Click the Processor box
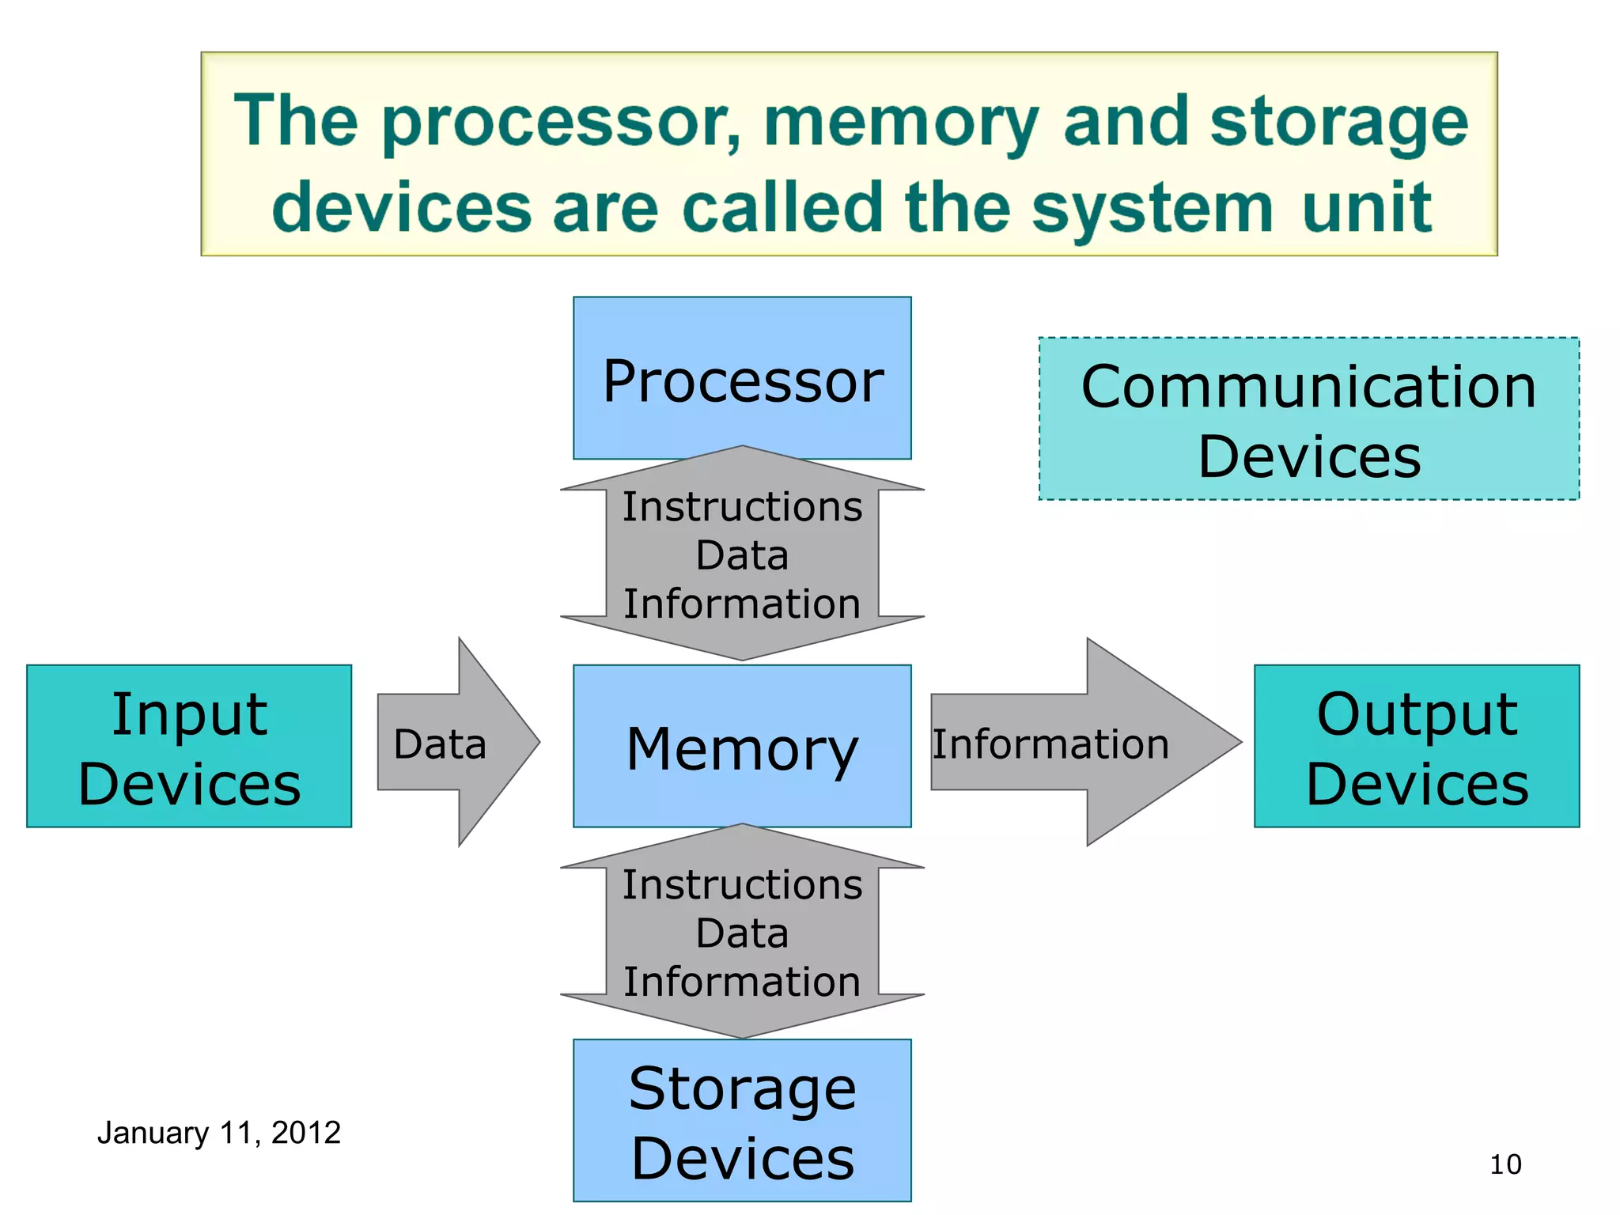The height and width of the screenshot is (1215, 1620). coord(742,377)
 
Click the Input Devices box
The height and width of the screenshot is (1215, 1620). coord(189,746)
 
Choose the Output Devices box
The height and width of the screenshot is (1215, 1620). coord(1416,746)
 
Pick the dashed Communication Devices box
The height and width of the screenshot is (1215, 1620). coord(1308,418)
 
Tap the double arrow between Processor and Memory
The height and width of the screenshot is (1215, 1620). coord(742,554)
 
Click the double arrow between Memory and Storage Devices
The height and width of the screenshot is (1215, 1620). coord(742,932)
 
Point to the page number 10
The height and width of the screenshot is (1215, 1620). coord(1505,1164)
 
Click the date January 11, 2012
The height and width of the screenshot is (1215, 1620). coord(219,1133)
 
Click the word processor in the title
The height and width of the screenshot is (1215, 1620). coord(561,122)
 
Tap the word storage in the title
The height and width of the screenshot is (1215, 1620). coord(1338,122)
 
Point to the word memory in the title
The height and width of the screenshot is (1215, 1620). coord(900,122)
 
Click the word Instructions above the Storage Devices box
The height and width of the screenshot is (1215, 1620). coord(742,884)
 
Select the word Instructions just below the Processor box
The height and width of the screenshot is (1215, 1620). coord(742,506)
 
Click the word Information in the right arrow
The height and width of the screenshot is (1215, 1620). coord(1050,744)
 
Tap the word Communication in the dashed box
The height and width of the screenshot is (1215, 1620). coord(1308,387)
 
